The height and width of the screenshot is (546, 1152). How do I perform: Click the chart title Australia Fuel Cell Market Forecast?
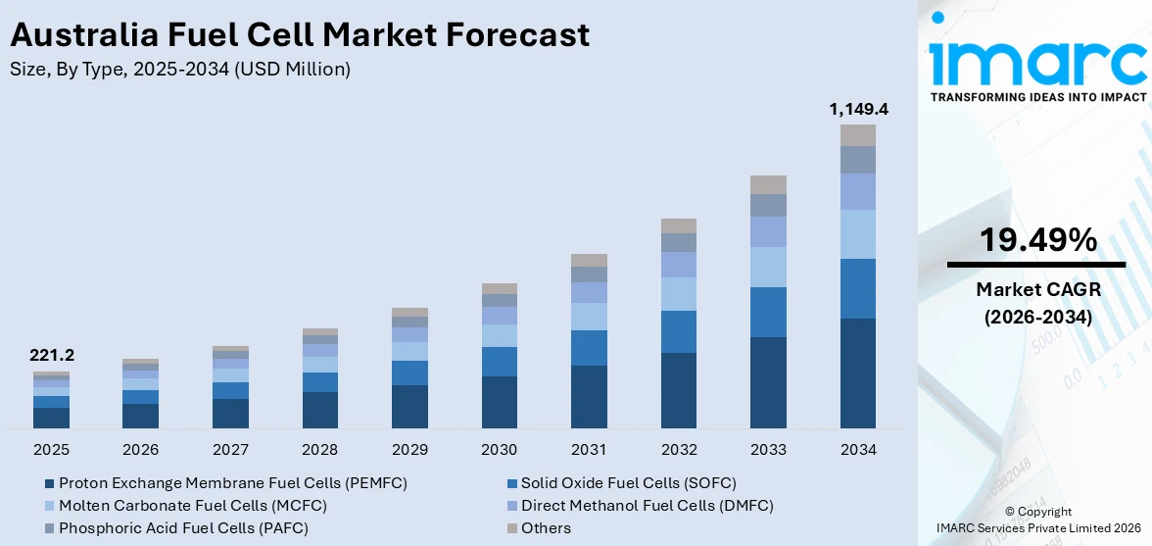(300, 35)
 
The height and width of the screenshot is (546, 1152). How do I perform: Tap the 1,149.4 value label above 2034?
(858, 109)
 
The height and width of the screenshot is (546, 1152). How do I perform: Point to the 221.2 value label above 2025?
(51, 355)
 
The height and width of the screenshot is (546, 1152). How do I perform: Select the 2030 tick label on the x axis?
(500, 450)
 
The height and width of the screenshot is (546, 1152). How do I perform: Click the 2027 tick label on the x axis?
(230, 450)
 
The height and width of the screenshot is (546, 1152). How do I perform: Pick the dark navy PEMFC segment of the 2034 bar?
(858, 372)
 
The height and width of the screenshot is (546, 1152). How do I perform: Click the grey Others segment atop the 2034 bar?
(858, 135)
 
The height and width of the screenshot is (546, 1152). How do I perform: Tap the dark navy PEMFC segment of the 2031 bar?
(589, 396)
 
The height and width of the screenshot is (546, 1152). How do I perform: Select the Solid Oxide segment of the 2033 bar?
(768, 312)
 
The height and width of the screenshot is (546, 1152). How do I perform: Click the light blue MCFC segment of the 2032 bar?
(679, 293)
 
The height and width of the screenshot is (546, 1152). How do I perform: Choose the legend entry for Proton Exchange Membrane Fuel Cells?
(225, 483)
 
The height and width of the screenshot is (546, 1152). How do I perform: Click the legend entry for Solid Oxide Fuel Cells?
(621, 483)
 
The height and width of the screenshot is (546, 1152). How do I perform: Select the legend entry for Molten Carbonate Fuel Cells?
(185, 506)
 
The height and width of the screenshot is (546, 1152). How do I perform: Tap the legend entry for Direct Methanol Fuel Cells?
(640, 506)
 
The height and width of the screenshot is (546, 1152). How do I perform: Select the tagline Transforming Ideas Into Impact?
(1037, 97)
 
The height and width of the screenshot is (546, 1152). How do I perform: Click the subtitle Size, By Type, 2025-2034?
(180, 69)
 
